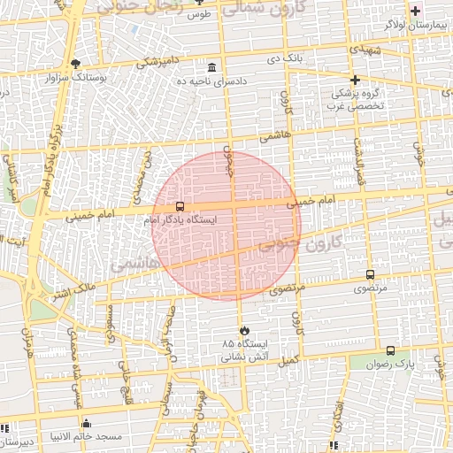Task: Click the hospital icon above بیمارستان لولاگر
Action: pyautogui.click(x=415, y=11)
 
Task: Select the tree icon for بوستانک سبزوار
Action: pyautogui.click(x=75, y=64)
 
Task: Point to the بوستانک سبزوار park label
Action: pyautogui.click(x=75, y=78)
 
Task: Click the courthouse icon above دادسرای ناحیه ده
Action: pyautogui.click(x=211, y=67)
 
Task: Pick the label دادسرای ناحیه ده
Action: pyautogui.click(x=211, y=81)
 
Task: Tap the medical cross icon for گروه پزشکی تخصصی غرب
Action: pyautogui.click(x=355, y=80)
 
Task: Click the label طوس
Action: pyautogui.click(x=198, y=15)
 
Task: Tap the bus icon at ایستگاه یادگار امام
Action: pyautogui.click(x=180, y=206)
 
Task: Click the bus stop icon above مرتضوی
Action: pyautogui.click(x=369, y=275)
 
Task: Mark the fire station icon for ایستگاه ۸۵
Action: pyautogui.click(x=241, y=329)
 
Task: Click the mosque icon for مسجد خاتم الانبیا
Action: pyautogui.click(x=86, y=424)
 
